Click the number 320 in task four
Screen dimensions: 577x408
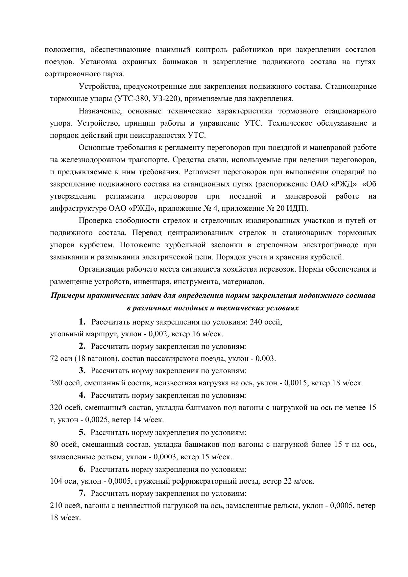pyautogui.click(x=56, y=408)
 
